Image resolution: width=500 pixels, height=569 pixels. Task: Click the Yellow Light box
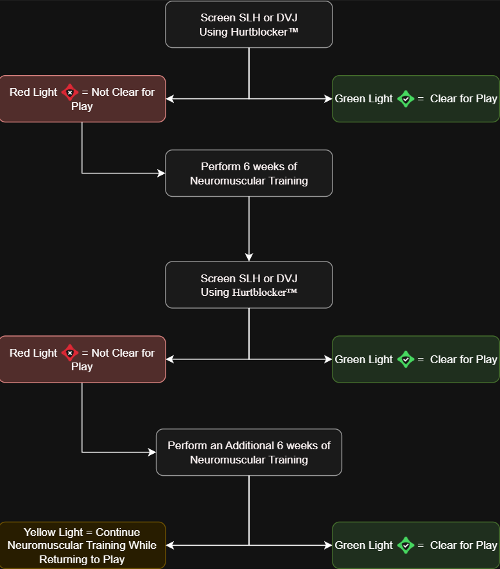(x=82, y=545)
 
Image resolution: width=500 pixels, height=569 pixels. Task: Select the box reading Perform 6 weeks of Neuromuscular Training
(x=249, y=173)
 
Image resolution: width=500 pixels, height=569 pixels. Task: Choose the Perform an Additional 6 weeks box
(x=249, y=452)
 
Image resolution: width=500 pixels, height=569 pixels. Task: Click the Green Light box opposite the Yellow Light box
(x=416, y=545)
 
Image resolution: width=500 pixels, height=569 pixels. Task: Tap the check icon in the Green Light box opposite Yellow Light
(x=406, y=545)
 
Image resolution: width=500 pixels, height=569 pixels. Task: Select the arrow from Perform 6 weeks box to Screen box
(x=249, y=227)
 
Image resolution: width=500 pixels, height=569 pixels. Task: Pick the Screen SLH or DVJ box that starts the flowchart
(x=249, y=25)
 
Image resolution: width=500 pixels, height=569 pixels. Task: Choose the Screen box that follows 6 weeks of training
(x=249, y=285)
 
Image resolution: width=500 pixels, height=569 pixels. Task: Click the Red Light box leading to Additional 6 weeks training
(x=82, y=359)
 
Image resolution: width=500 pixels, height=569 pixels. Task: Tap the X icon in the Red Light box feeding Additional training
(x=70, y=353)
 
